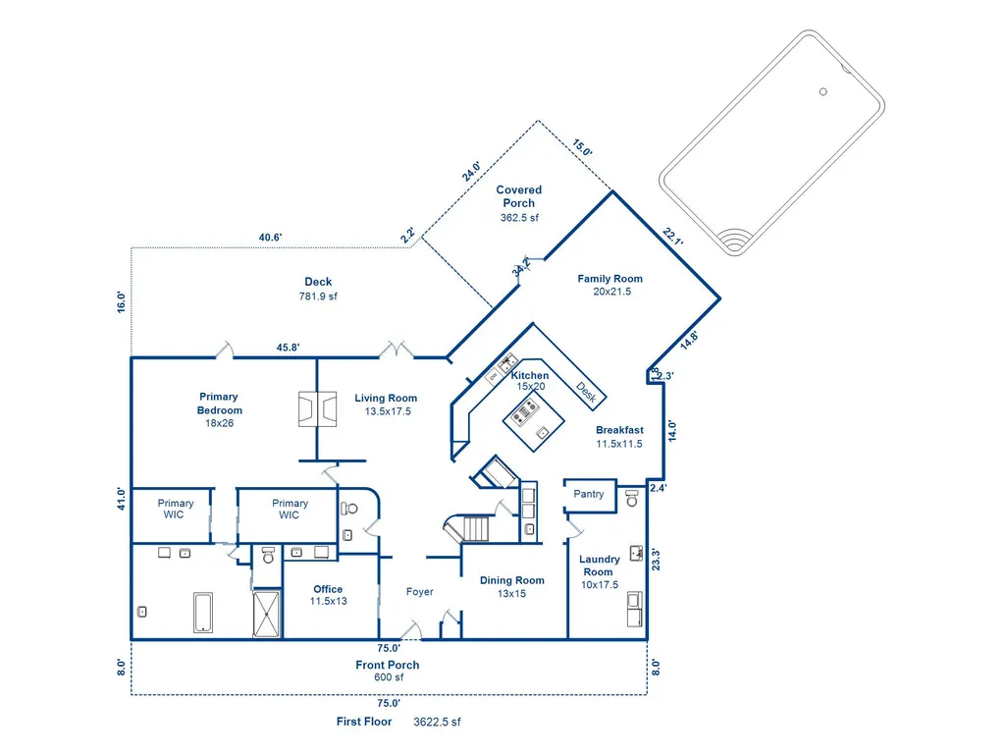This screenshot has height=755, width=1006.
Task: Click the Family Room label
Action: (x=609, y=279)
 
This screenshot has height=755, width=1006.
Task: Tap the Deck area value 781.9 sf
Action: (x=318, y=296)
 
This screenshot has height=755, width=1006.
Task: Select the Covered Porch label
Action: (x=519, y=196)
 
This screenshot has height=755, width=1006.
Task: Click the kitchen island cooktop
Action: (x=526, y=411)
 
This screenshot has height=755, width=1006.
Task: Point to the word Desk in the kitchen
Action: (x=586, y=393)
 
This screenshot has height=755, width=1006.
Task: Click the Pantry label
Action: (x=588, y=494)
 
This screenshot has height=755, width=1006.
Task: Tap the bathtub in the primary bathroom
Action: (x=203, y=613)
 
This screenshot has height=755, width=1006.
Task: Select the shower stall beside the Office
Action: (x=266, y=615)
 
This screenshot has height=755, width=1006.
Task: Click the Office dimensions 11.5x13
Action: (x=329, y=602)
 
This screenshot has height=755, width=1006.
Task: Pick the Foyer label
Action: (x=420, y=592)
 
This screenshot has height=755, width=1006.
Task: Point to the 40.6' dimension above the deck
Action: (x=270, y=238)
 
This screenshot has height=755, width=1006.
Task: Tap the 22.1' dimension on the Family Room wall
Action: (x=672, y=237)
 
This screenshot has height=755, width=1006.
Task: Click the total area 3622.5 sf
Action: (x=437, y=722)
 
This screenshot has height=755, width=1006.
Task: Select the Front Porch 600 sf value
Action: (x=389, y=677)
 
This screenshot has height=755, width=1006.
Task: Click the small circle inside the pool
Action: (x=823, y=92)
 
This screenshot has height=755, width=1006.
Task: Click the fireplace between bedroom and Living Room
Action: (x=318, y=409)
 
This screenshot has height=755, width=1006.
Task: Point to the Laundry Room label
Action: (x=600, y=566)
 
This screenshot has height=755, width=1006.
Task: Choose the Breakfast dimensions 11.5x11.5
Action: (x=619, y=444)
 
